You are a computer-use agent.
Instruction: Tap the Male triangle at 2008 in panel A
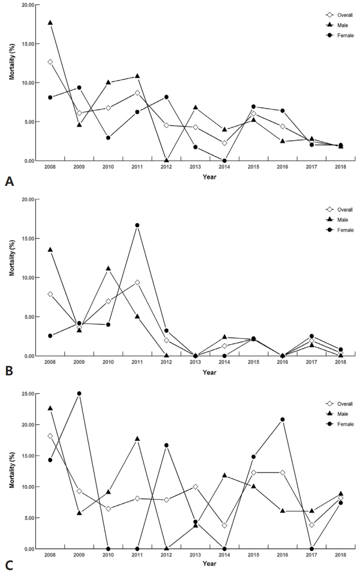coord(50,22)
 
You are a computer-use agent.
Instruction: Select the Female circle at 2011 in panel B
coord(137,225)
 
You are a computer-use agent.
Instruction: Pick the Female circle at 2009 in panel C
coord(79,394)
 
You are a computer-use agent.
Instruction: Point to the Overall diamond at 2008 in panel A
coord(50,62)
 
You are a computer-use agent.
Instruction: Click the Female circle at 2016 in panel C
coord(282,419)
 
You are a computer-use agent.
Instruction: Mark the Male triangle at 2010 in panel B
coord(108,268)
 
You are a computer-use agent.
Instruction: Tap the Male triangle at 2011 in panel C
coord(137,439)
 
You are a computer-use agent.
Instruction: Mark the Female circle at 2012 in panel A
coord(166,97)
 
